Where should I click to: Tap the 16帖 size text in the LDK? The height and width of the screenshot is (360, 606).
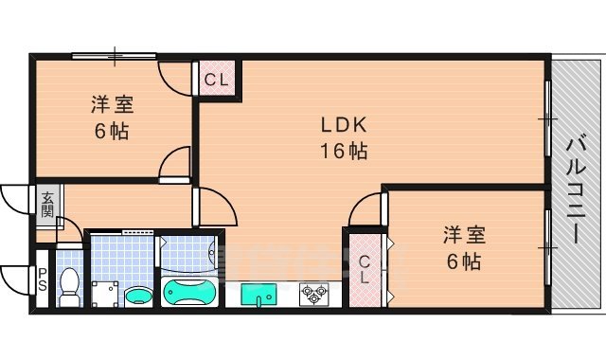click(342, 150)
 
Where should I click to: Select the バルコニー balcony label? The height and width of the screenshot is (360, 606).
click(575, 189)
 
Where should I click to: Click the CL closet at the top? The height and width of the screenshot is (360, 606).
click(216, 80)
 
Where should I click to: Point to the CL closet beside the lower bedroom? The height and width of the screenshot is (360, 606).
click(365, 269)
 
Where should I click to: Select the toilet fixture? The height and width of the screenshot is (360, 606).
click(69, 285)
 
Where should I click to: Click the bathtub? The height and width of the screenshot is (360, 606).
click(191, 292)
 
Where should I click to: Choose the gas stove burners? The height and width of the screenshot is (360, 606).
click(312, 296)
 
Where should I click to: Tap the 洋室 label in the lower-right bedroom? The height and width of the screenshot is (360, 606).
click(462, 234)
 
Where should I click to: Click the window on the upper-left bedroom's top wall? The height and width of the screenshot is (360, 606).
click(115, 55)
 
